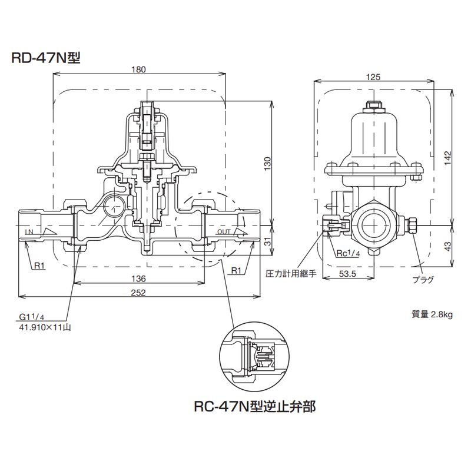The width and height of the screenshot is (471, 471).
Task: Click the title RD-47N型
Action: [x=45, y=58]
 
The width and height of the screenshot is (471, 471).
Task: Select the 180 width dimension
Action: [x=139, y=69]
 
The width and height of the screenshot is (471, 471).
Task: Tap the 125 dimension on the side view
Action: [x=373, y=77]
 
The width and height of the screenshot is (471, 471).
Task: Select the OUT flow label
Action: [x=224, y=232]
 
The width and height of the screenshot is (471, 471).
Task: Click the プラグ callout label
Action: [x=423, y=280]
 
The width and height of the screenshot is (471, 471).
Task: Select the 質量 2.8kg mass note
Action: [x=432, y=314]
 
